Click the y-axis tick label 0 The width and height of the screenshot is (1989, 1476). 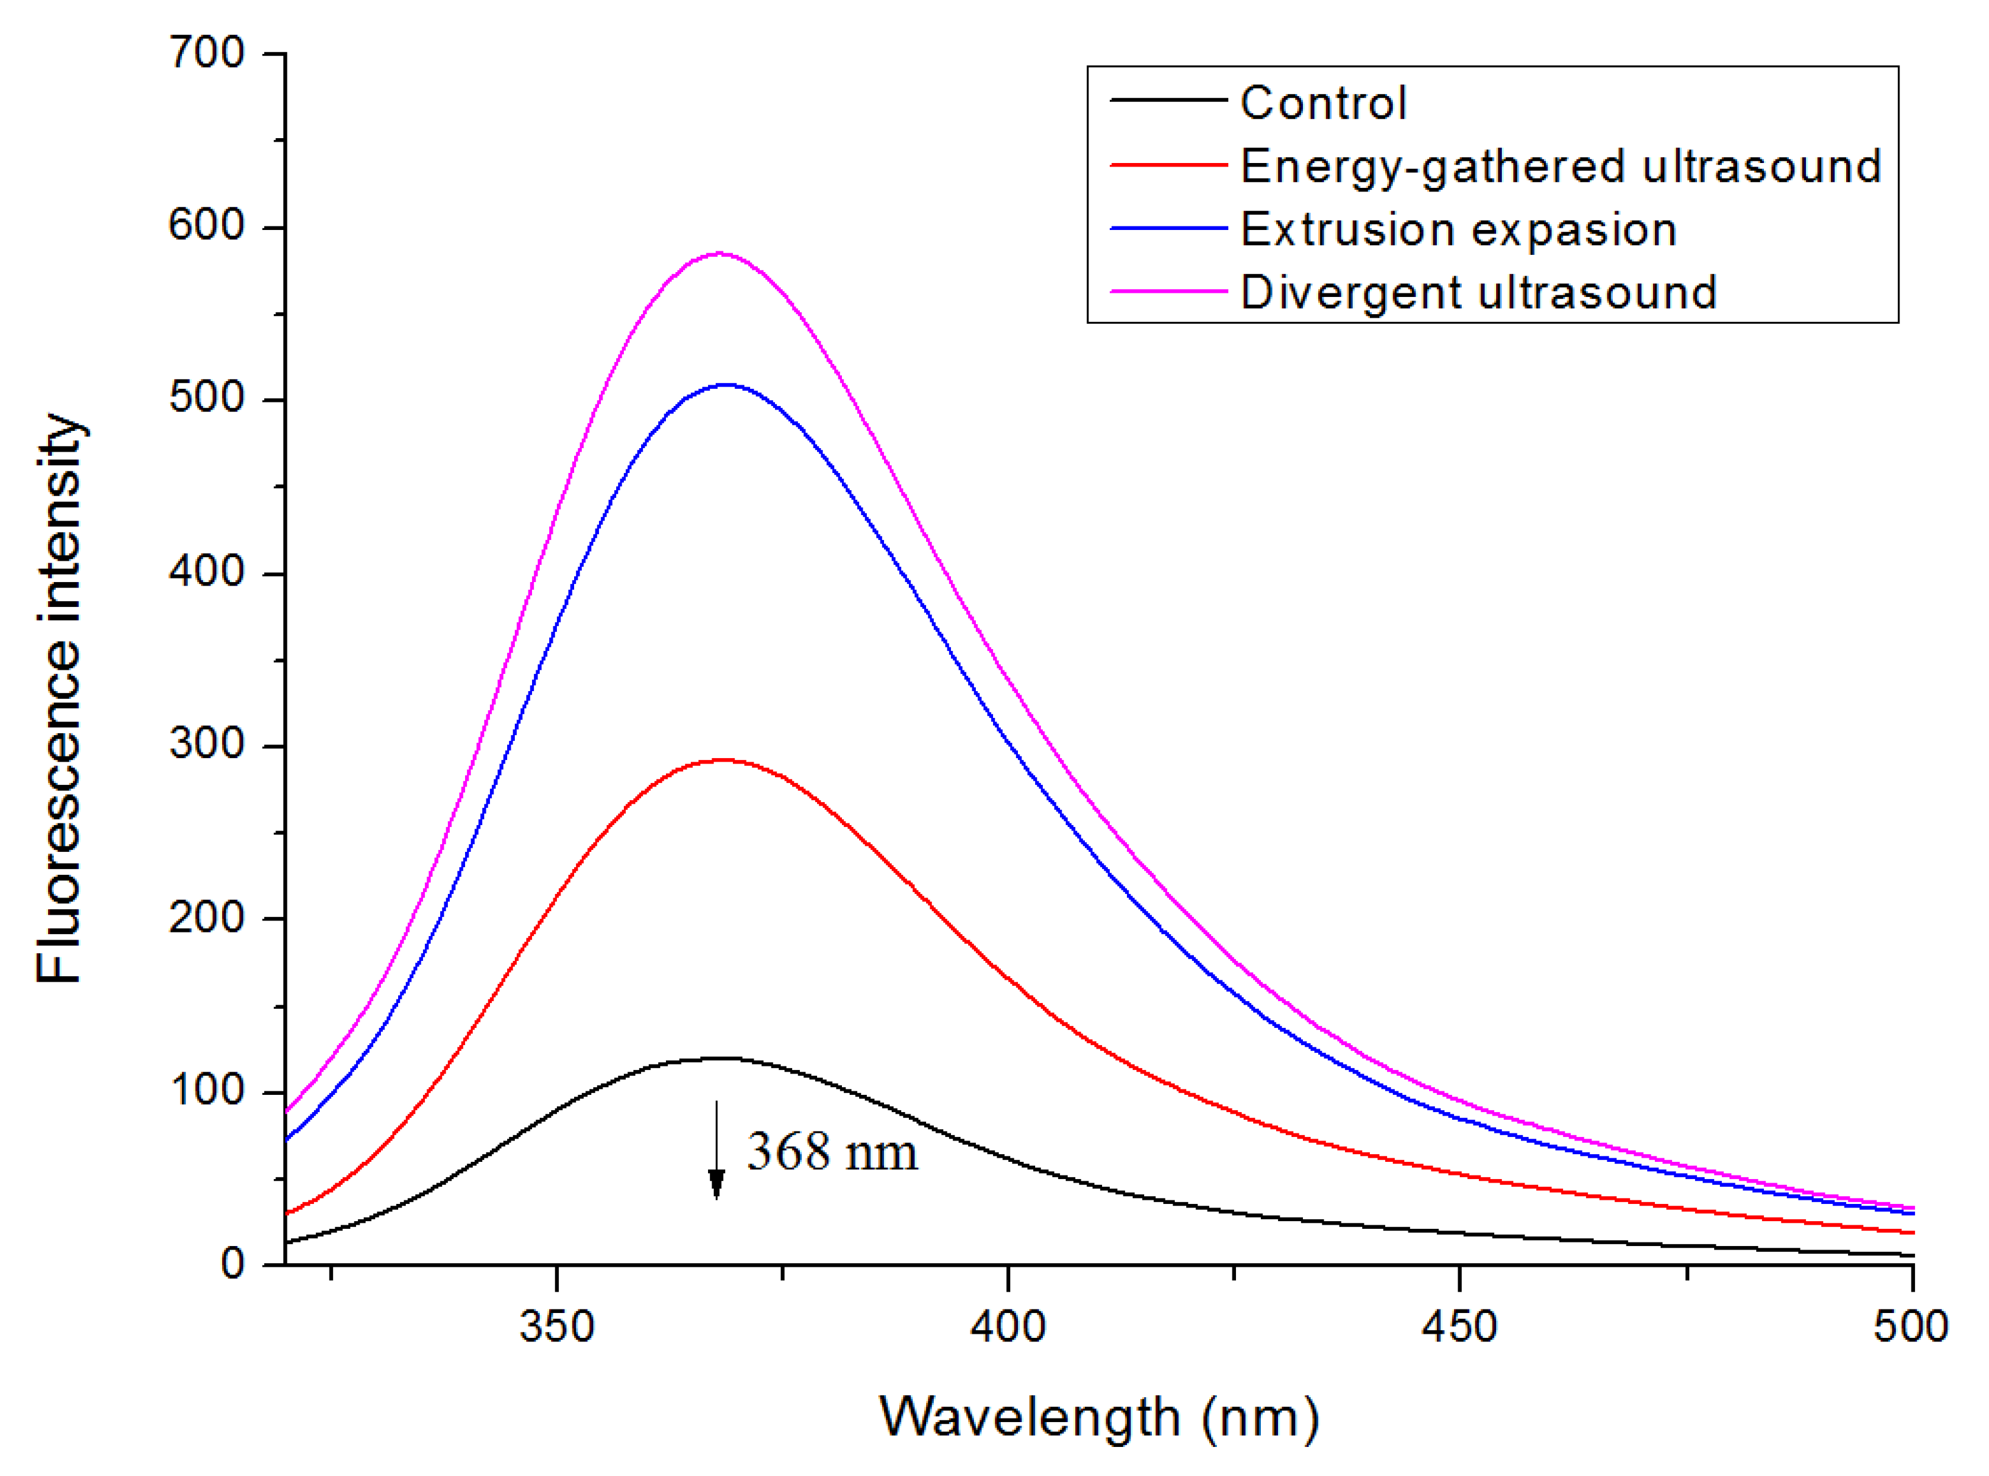(232, 1263)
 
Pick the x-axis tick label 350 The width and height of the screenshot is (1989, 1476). (556, 1327)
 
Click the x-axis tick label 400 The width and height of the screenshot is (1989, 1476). (1007, 1327)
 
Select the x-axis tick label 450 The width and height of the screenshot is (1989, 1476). (1459, 1327)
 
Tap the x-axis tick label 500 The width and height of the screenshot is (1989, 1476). (1910, 1327)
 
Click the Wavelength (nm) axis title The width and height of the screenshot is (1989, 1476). (1098, 1418)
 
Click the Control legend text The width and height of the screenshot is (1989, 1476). (1322, 103)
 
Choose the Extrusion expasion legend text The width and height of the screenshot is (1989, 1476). (1458, 229)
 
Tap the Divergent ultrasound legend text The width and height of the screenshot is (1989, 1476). (1478, 293)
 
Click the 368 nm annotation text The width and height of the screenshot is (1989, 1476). (831, 1152)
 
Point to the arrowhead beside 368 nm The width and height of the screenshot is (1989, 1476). (716, 1184)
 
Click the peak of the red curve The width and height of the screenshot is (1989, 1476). (722, 761)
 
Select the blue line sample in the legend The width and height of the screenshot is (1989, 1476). (1168, 229)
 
